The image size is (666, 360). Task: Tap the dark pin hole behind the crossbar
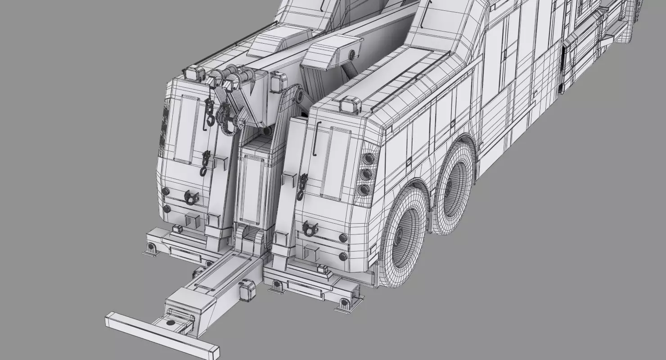point(170,323)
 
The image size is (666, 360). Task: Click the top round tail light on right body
point(369,158)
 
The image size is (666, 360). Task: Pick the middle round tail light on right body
point(367,174)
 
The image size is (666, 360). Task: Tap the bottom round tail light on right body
point(365,189)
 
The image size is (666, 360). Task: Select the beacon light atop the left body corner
point(194,73)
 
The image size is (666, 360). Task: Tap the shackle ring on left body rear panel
point(192,197)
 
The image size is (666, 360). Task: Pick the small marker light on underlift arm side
point(247,290)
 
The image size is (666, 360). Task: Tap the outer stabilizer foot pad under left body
point(152,248)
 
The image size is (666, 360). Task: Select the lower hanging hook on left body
point(205,162)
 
